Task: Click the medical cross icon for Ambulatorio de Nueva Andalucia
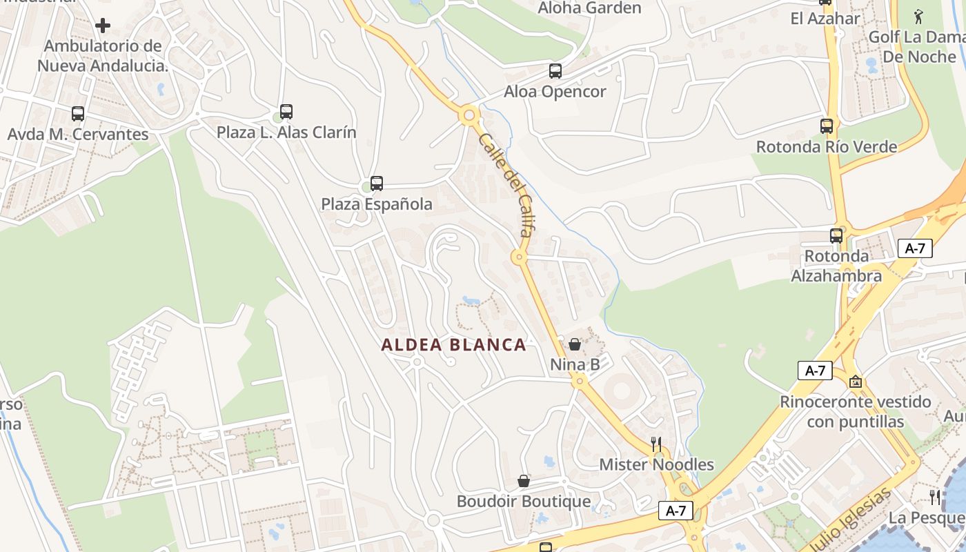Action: coord(103,26)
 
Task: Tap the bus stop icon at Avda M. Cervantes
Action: coord(78,113)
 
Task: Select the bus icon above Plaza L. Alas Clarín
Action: coord(286,111)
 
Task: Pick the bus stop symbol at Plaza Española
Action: coord(377,183)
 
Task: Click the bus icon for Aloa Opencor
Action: coord(555,70)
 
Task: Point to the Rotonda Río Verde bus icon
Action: coord(827,126)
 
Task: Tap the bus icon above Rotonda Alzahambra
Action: coord(836,235)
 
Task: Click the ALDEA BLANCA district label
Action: coord(454,345)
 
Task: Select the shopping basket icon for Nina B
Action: coord(575,344)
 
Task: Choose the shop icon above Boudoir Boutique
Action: coord(524,480)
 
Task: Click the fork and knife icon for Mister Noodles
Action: coord(656,444)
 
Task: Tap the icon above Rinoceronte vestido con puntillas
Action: coord(856,381)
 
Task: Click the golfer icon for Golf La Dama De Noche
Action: coord(918,16)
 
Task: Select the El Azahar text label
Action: coord(825,19)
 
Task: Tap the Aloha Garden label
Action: coord(589,8)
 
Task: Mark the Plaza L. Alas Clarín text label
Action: coord(286,132)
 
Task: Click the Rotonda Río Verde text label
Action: coord(827,147)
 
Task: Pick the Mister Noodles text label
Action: coord(656,464)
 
